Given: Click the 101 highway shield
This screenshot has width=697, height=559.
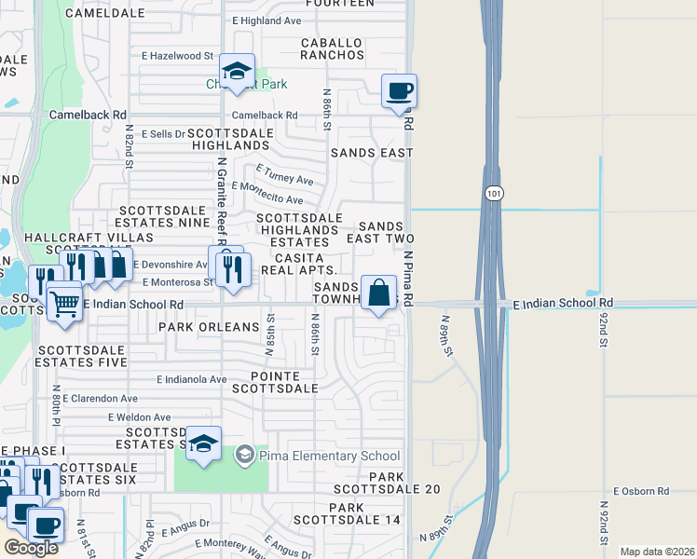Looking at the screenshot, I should pos(492,192).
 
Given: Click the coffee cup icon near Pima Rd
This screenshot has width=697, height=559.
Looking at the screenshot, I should pos(399,91).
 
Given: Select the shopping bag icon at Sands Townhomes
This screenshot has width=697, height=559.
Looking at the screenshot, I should pos(379,293).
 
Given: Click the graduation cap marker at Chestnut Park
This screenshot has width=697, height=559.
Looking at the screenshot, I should pos(237,71).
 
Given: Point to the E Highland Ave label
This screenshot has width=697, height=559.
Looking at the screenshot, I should pos(266,20).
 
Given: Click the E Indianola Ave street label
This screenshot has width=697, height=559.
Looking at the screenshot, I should pos(192,380).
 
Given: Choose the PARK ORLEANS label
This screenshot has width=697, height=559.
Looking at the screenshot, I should pos(209,327).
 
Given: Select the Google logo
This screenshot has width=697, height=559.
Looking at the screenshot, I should pos(30,548).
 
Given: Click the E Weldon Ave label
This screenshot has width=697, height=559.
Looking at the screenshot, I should pos(140,417).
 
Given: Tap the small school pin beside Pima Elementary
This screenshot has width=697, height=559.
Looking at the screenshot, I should pos(244,455).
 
